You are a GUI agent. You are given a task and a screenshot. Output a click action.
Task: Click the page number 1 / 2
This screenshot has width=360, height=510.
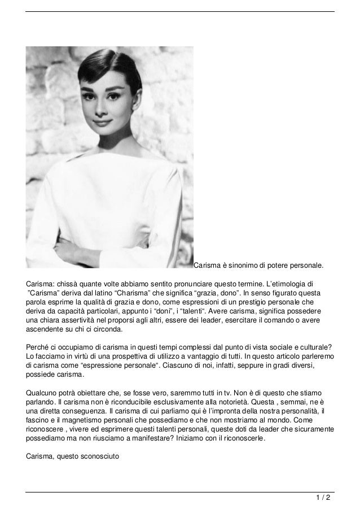[x=323, y=498]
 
